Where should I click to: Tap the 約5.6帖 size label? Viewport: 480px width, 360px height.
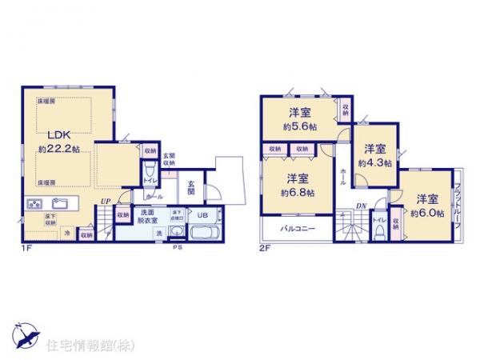pos(297,126)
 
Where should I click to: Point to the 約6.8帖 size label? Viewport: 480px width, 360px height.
pos(298,192)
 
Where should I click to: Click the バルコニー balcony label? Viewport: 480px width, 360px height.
pos(297,230)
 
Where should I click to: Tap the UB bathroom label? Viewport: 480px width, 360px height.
pos(202,214)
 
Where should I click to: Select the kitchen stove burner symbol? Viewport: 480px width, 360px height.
pos(34,203)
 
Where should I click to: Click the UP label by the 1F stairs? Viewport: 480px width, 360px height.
pos(105,201)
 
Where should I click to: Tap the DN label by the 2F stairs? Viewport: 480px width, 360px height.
pos(361,205)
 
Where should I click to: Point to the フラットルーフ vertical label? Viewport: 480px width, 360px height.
pos(457,204)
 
